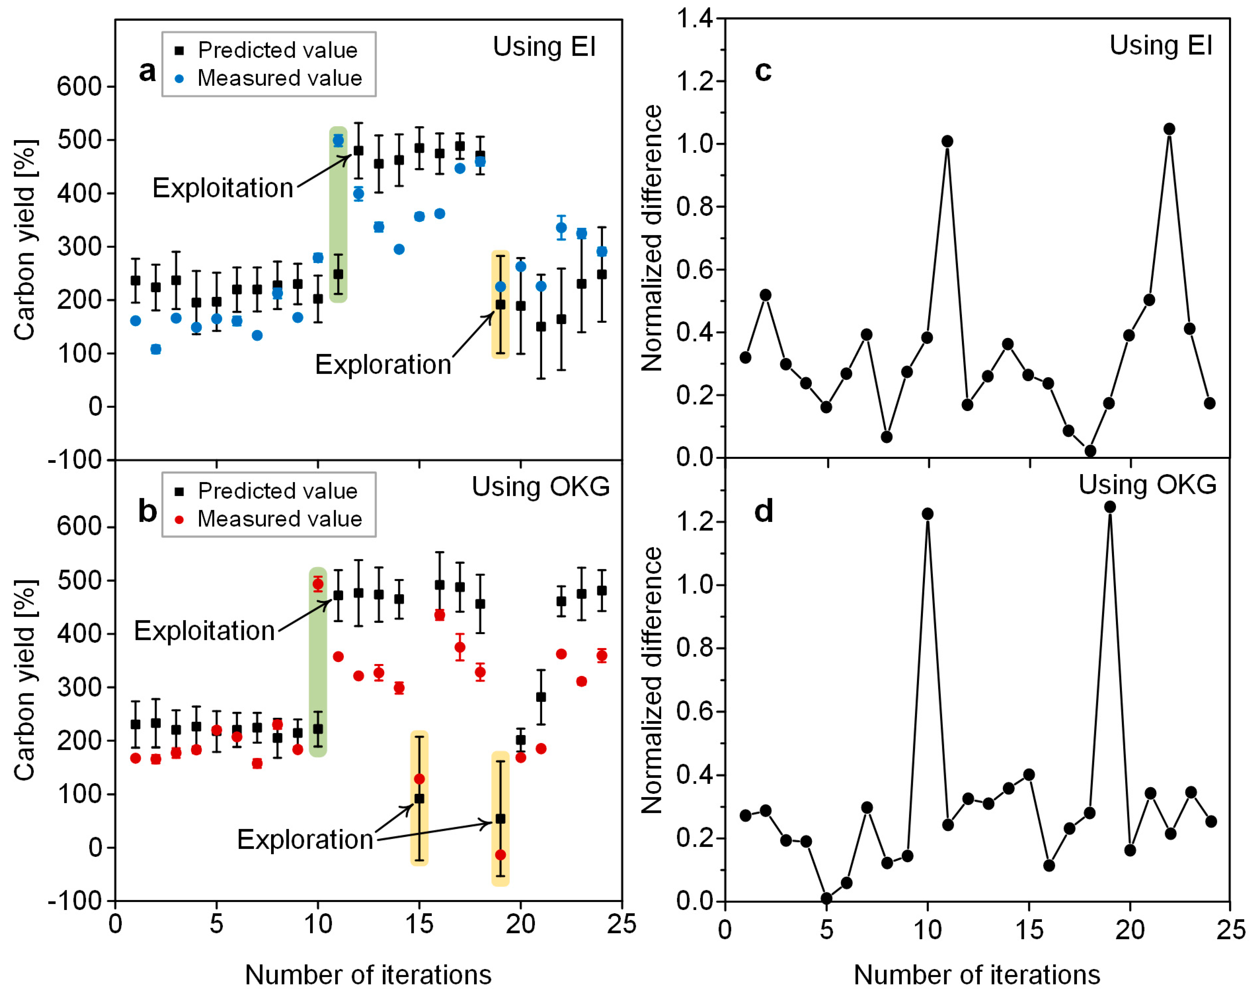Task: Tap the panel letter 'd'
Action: click(x=763, y=511)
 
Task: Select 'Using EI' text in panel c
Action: click(x=1161, y=45)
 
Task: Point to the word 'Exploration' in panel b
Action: click(x=305, y=840)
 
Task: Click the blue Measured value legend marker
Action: click(x=179, y=78)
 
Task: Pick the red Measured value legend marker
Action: click(x=179, y=519)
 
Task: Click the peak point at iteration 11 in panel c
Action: click(x=947, y=141)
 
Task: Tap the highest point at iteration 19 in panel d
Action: click(x=1110, y=507)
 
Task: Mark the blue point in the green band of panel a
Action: click(x=338, y=140)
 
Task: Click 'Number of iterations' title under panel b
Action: click(x=368, y=975)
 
